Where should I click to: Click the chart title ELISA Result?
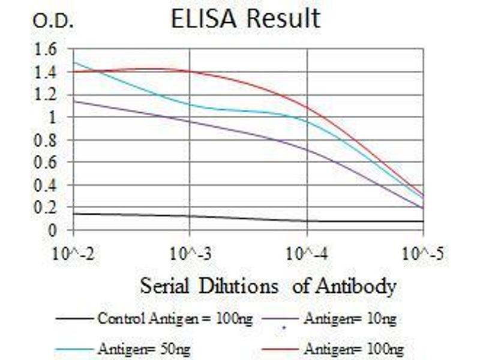tap(245, 19)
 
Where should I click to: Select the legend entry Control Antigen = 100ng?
tap(175, 319)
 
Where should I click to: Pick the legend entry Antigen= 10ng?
tap(350, 319)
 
